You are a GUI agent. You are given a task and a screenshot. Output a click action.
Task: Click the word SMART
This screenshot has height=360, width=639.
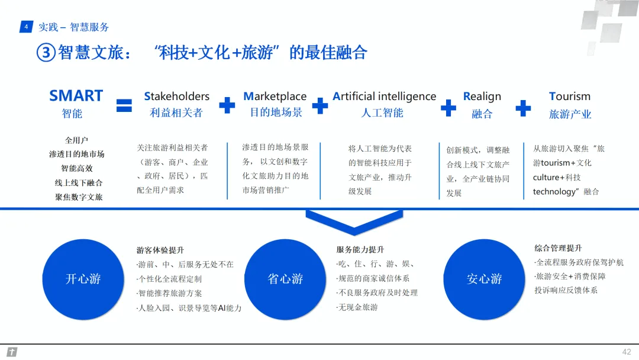[76, 96]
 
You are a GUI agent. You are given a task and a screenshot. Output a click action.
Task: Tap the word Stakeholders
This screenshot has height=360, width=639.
[177, 97]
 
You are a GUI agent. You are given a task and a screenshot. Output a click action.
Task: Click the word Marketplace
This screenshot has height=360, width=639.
[275, 97]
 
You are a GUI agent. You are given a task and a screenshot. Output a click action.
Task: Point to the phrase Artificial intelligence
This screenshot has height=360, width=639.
[385, 97]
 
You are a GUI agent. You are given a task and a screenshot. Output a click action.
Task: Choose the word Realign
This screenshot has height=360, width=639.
[482, 97]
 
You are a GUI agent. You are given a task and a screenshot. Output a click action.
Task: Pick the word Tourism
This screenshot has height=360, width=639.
[570, 97]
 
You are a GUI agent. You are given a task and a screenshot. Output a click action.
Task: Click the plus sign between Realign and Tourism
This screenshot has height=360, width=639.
[523, 107]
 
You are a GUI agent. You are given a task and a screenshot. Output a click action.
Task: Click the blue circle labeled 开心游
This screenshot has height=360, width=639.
[83, 279]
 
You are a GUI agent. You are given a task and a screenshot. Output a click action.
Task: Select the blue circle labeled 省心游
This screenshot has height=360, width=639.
[285, 279]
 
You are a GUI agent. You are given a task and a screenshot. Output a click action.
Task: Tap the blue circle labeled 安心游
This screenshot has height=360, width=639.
[484, 279]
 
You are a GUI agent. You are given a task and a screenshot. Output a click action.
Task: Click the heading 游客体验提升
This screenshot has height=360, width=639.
[160, 250]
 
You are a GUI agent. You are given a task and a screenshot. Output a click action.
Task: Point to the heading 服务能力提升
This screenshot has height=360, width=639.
[360, 250]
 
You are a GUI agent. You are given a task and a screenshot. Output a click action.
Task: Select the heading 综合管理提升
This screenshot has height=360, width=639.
[558, 248]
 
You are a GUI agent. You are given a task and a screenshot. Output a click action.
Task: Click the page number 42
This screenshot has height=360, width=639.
[627, 352]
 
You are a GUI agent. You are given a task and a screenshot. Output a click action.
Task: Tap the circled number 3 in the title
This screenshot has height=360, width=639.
[46, 53]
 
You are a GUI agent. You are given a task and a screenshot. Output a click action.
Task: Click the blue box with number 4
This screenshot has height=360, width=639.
[26, 27]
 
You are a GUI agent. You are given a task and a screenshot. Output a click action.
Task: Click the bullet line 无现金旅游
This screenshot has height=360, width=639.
[357, 307]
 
